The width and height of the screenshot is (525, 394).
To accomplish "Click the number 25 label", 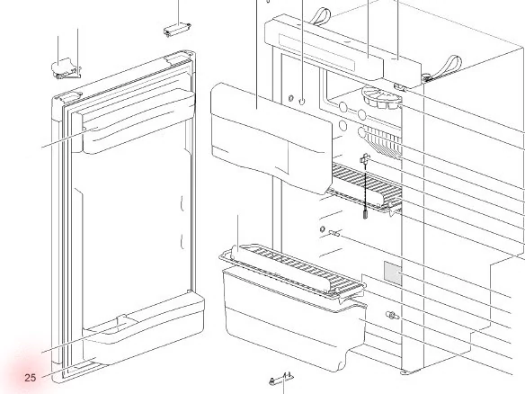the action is click(31, 378).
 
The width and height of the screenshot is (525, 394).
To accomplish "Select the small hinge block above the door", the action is click(177, 29).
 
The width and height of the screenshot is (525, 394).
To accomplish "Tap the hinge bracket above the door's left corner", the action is click(67, 68).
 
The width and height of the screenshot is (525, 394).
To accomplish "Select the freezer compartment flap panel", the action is click(271, 138).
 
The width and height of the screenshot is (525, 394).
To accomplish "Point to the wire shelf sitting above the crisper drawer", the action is click(292, 270).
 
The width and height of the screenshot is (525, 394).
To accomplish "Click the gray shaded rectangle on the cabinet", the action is click(393, 273).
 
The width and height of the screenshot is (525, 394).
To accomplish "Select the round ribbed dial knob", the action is click(382, 98).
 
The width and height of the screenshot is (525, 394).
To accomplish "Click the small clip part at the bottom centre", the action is click(281, 379).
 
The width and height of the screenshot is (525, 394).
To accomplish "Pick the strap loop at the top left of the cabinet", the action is click(320, 16).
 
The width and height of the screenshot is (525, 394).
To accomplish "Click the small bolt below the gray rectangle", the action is click(392, 315).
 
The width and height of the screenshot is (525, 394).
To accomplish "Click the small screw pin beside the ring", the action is click(334, 233).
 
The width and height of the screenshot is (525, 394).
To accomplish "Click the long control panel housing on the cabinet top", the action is click(342, 47).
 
